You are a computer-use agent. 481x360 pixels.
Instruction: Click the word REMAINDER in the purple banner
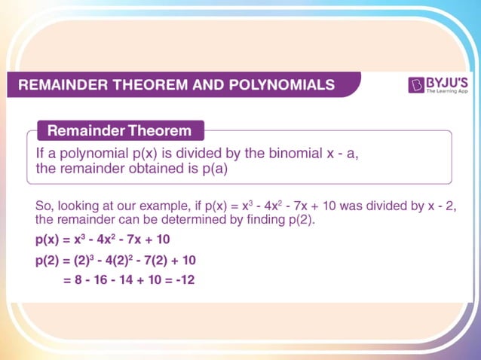coord(60,85)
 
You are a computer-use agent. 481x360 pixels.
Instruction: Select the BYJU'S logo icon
coord(415,85)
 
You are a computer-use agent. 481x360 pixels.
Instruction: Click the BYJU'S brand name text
coord(445,81)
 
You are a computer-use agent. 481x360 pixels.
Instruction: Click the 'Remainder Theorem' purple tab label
coord(119,131)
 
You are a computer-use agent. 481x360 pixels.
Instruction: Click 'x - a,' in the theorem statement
coord(335,153)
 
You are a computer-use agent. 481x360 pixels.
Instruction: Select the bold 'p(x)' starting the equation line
coord(49,240)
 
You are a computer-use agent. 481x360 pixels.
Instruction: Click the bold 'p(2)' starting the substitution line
coord(49,261)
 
